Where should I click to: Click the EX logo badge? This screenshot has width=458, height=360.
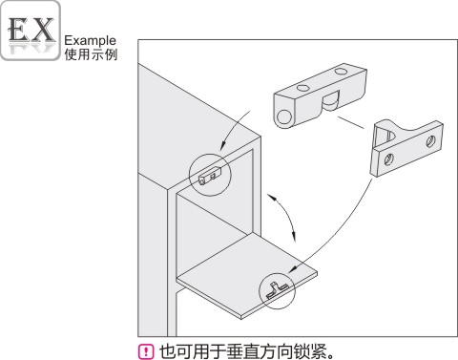click(x=31, y=31)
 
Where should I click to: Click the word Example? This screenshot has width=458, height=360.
click(x=90, y=41)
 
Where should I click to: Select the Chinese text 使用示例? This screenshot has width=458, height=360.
click(x=91, y=54)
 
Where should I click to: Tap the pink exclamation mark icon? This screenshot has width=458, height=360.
click(x=146, y=351)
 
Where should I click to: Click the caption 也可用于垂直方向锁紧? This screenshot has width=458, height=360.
click(x=242, y=351)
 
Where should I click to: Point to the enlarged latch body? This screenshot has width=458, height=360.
click(x=321, y=96)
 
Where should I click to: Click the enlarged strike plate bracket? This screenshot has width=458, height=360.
click(x=406, y=147)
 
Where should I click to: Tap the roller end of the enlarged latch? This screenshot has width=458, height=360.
click(x=284, y=117)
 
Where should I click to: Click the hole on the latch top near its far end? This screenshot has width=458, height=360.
click(x=341, y=72)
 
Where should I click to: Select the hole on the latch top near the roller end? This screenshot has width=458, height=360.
click(x=302, y=89)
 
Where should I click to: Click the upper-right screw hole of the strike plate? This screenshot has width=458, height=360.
click(x=430, y=141)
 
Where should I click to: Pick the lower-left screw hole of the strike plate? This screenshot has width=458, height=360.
click(x=389, y=159)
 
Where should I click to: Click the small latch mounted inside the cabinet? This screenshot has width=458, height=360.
click(x=210, y=177)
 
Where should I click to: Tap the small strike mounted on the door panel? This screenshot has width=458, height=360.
click(x=277, y=289)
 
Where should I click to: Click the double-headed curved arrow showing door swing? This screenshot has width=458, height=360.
click(x=283, y=216)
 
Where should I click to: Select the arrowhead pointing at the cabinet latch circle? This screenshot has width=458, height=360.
click(x=223, y=145)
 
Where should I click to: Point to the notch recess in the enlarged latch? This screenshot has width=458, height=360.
click(x=330, y=102)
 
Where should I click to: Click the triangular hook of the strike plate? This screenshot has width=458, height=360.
click(x=385, y=134)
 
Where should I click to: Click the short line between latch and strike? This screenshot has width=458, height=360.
click(x=350, y=123)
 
